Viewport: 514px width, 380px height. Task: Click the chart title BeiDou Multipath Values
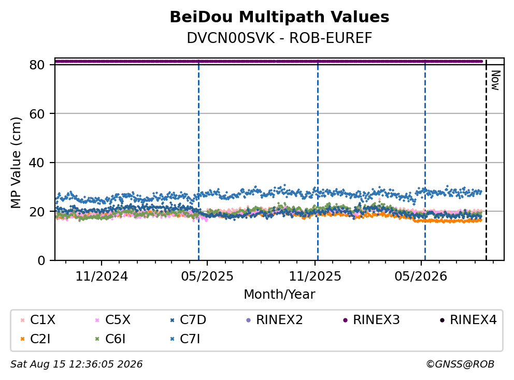click(279, 17)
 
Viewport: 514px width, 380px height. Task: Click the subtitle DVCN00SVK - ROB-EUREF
click(279, 38)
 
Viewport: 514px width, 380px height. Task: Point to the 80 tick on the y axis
click(37, 65)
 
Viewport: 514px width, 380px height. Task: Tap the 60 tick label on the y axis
click(37, 114)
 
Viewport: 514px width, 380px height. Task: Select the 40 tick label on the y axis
click(37, 163)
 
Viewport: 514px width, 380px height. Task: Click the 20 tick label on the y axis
click(37, 212)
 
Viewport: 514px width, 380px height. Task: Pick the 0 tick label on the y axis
click(41, 260)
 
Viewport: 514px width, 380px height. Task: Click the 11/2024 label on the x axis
click(102, 276)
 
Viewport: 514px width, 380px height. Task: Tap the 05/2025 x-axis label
click(207, 276)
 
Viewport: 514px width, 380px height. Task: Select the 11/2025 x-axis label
click(315, 276)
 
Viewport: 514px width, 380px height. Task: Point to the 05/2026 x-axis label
click(421, 276)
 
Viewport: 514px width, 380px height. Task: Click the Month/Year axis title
click(279, 294)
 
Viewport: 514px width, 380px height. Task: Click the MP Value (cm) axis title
click(16, 163)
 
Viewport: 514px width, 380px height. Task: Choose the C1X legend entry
click(38, 320)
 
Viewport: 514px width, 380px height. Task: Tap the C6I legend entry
click(110, 339)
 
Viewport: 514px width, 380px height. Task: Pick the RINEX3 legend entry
click(371, 320)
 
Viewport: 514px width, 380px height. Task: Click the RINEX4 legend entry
click(468, 320)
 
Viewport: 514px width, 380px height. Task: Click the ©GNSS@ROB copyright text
click(460, 364)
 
